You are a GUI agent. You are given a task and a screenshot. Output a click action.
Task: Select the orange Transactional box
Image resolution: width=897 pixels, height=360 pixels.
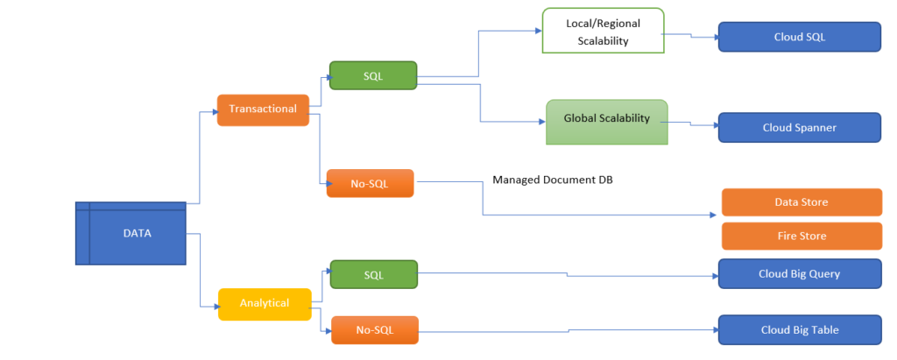pos(263,109)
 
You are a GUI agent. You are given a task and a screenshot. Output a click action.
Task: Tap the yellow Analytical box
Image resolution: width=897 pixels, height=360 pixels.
pos(265,303)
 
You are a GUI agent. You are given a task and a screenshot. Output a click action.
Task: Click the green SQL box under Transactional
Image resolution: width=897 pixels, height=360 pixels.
pos(373,76)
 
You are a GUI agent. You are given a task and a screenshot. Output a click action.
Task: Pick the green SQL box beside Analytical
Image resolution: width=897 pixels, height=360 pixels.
pos(373,275)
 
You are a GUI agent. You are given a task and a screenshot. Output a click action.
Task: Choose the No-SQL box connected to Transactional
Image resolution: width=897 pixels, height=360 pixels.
pos(370,183)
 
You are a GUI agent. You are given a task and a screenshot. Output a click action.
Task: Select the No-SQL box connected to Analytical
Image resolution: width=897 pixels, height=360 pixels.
pos(374,330)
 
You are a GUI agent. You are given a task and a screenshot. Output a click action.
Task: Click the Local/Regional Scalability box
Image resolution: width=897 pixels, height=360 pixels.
pos(603,34)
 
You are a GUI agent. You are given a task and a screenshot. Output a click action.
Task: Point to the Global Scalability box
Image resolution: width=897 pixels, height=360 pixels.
pos(606,121)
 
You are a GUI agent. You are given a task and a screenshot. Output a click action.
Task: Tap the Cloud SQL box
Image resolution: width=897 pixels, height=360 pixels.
pos(799,38)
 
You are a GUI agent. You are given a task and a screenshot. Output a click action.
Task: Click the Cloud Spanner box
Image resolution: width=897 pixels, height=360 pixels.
pos(799,127)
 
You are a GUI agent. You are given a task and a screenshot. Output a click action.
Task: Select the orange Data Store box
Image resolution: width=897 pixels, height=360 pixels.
pos(801,202)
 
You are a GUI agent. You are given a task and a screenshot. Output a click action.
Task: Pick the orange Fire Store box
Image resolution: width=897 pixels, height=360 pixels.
pos(801,236)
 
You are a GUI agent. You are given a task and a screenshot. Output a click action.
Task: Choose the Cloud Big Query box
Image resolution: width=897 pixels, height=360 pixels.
pos(799,273)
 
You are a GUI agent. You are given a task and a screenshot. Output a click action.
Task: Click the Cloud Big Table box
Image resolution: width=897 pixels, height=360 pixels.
pos(799,329)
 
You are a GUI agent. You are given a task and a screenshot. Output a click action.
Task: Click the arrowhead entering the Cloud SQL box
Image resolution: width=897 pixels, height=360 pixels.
pos(714,38)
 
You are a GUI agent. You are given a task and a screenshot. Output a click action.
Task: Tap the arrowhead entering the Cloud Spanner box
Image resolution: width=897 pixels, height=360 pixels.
pos(714,128)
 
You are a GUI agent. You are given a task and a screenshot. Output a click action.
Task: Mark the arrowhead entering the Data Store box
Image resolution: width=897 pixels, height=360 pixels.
pos(717,215)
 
